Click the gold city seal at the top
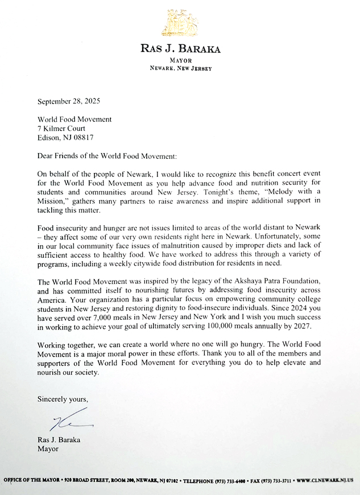[x=180, y=23]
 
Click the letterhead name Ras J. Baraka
[x=180, y=48]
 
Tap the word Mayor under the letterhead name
[x=180, y=60]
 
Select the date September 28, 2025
[x=69, y=102]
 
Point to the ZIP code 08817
[x=82, y=138]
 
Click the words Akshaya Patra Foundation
[x=276, y=282]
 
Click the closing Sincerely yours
[x=63, y=399]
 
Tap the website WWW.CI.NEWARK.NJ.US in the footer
[x=326, y=480]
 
